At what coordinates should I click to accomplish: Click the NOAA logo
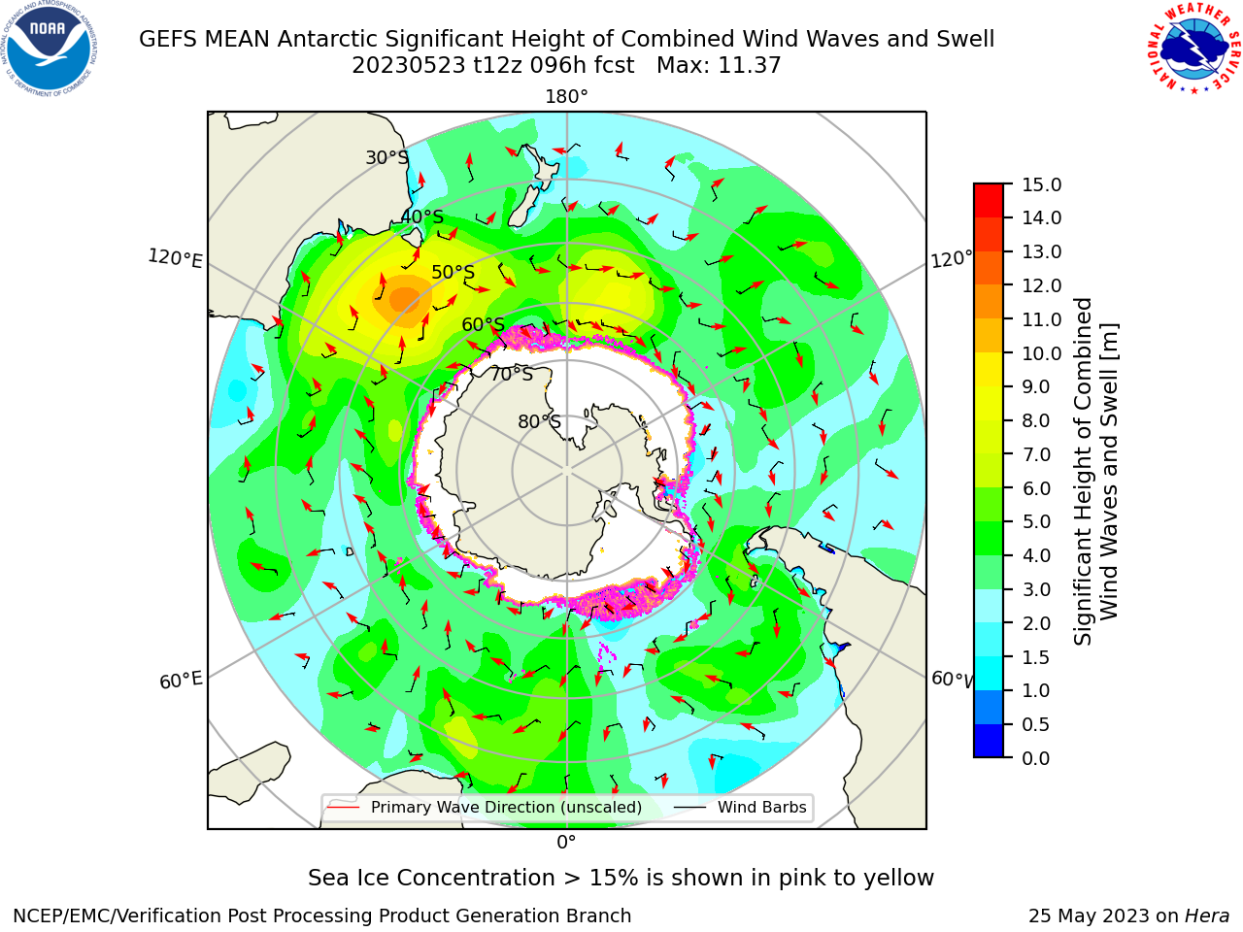(50, 49)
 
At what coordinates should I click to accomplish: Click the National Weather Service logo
(1193, 49)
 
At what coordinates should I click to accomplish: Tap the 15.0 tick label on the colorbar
(1041, 184)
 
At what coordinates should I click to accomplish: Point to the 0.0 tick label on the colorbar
(1036, 758)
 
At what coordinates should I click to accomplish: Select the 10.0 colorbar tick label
(1041, 353)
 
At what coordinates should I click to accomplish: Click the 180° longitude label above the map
(566, 97)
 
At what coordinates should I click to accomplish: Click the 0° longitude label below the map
(566, 843)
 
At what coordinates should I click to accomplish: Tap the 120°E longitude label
(175, 258)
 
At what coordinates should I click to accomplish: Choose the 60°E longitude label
(181, 680)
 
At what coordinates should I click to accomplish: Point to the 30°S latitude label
(386, 157)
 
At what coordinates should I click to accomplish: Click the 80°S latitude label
(539, 421)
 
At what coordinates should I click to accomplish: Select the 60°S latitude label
(483, 324)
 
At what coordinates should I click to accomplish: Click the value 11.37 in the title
(750, 66)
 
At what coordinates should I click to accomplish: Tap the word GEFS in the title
(168, 40)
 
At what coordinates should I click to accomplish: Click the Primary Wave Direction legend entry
(485, 807)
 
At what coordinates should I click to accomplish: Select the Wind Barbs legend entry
(740, 807)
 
